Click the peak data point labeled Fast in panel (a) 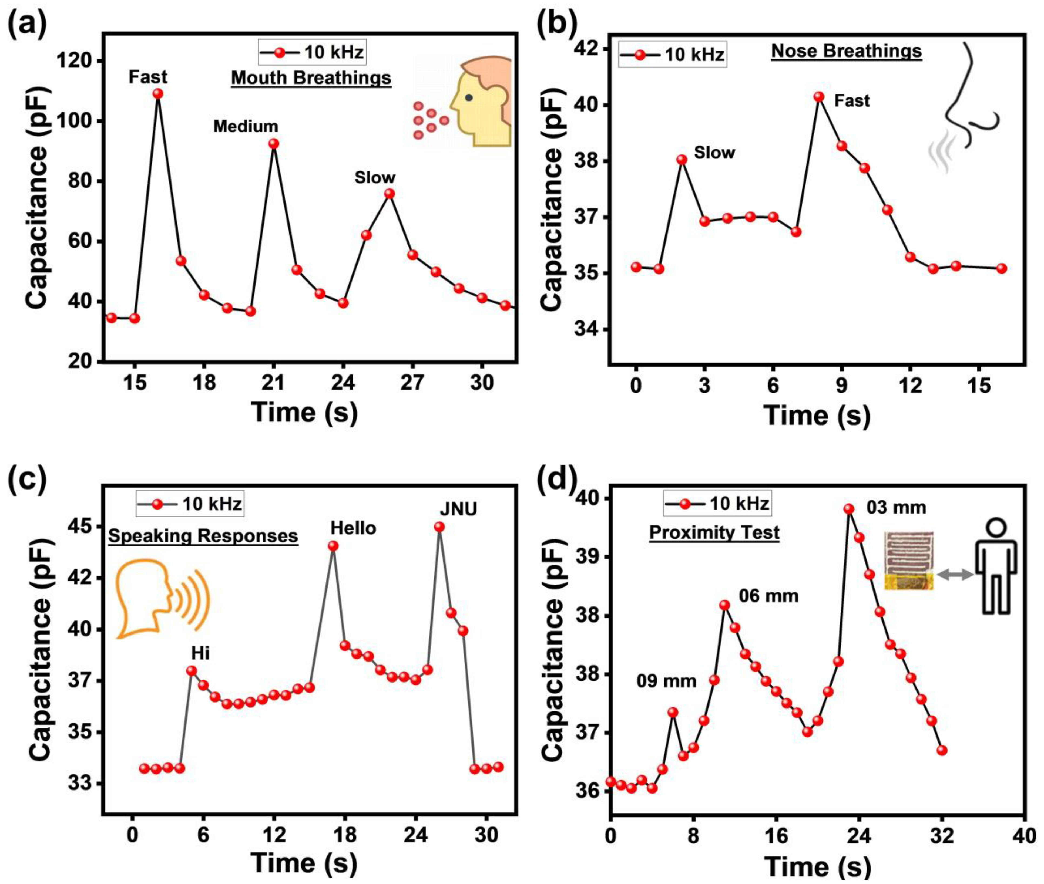158,94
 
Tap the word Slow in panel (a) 375,177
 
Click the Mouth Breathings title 311,78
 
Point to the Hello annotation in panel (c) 353,528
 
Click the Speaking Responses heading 203,536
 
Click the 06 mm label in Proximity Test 768,596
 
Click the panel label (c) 28,478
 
